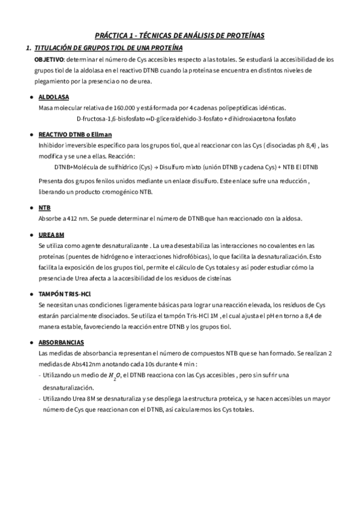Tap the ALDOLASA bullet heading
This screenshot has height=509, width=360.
coord(53,97)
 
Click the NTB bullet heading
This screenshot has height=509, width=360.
coord(44,207)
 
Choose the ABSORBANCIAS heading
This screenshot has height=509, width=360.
coord(61,342)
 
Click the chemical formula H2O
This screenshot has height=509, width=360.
coord(113,376)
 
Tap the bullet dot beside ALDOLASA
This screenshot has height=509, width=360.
coord(31,97)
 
